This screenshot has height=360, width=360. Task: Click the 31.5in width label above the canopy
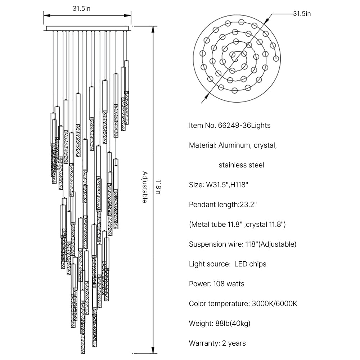coord(81,9)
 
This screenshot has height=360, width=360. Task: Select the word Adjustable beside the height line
coord(144,187)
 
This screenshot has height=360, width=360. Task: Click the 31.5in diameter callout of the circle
coord(302,14)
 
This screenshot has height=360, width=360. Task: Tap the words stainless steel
coord(241,165)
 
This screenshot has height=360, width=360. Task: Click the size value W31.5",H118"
coord(227,185)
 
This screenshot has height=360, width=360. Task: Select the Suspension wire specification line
coord(243,244)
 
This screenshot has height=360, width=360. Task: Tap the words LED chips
coord(250,264)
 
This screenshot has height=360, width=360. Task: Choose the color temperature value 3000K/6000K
coord(274,304)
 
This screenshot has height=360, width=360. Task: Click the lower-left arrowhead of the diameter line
coord(207,96)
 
